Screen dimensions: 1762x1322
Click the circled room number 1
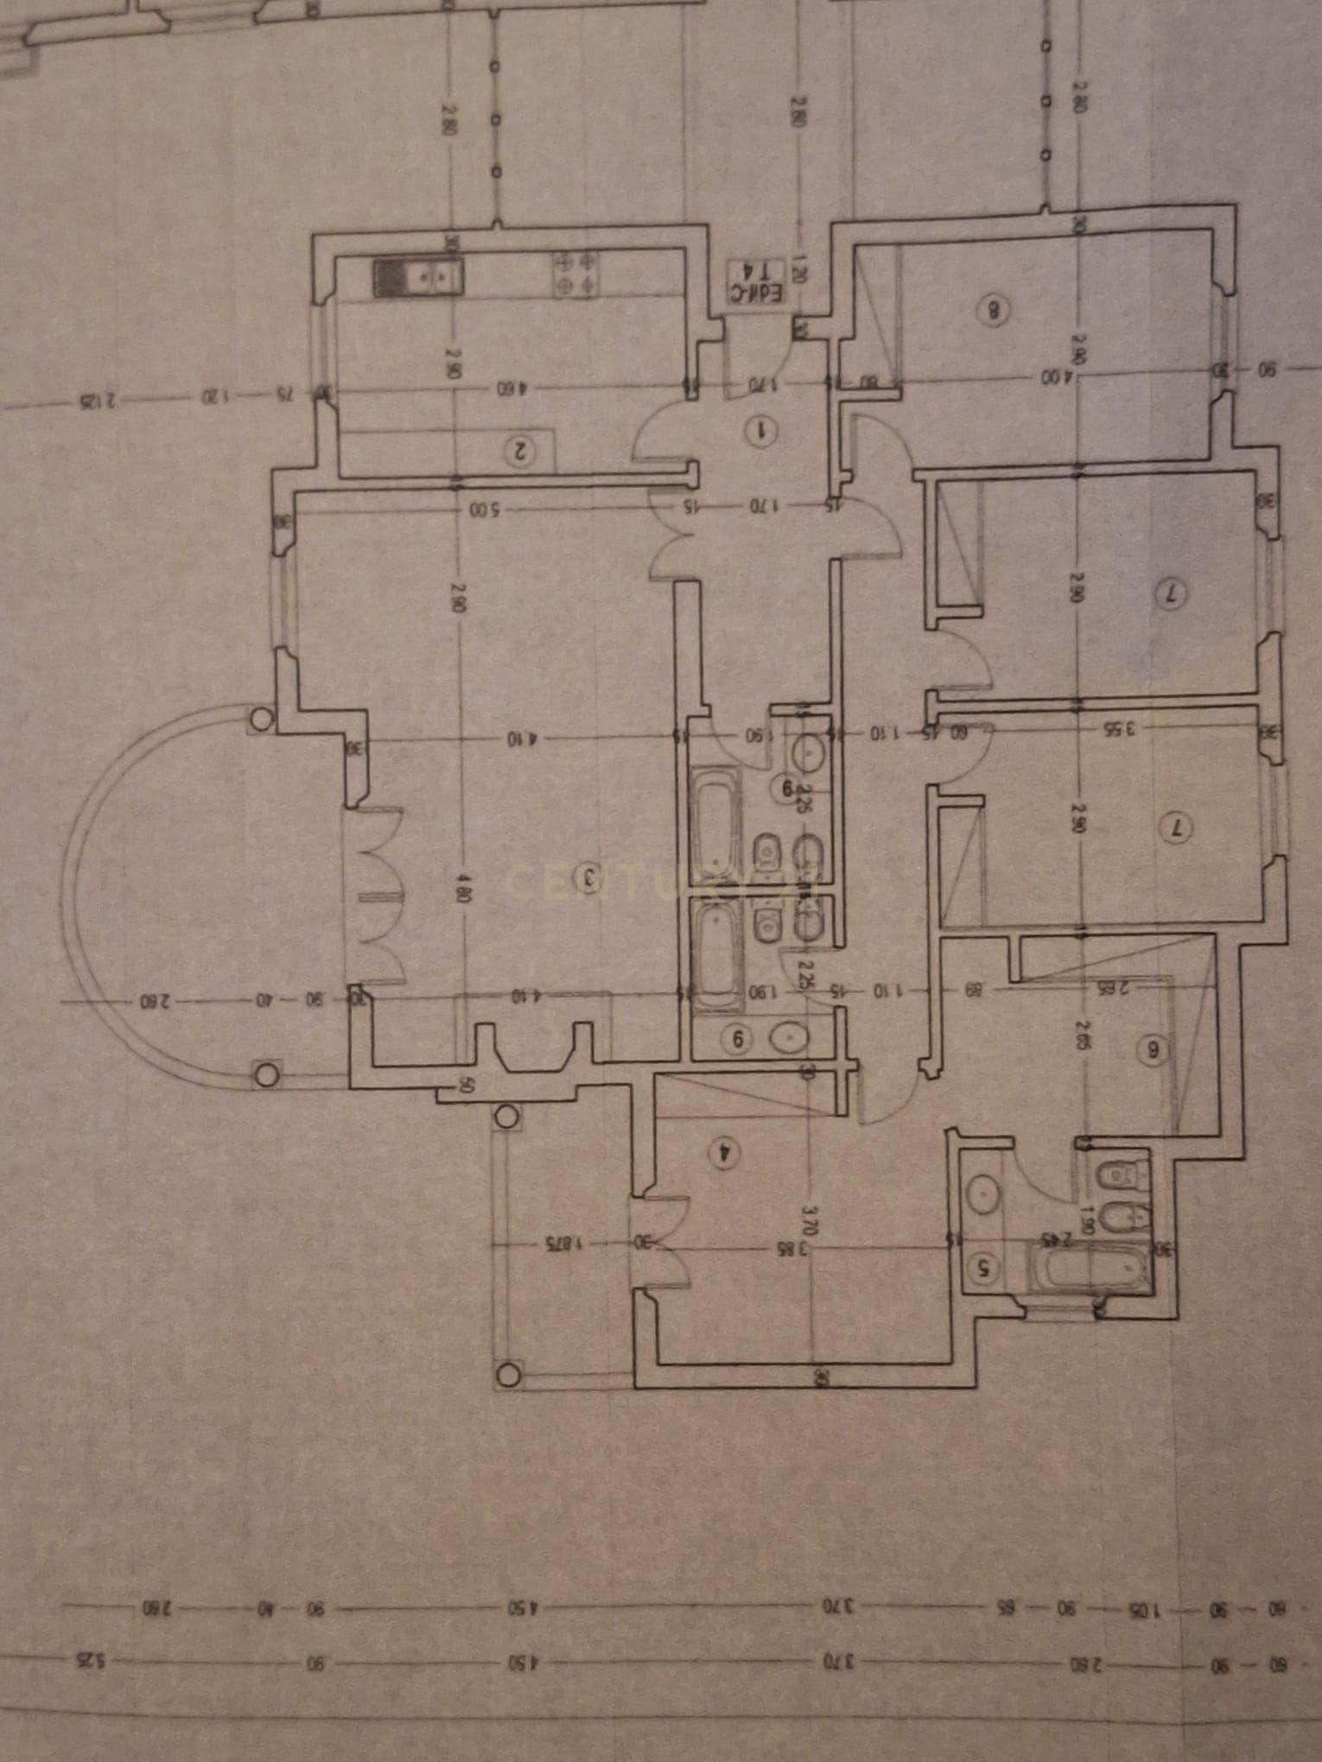pos(763,429)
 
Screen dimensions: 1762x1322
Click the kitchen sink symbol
pos(419,276)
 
